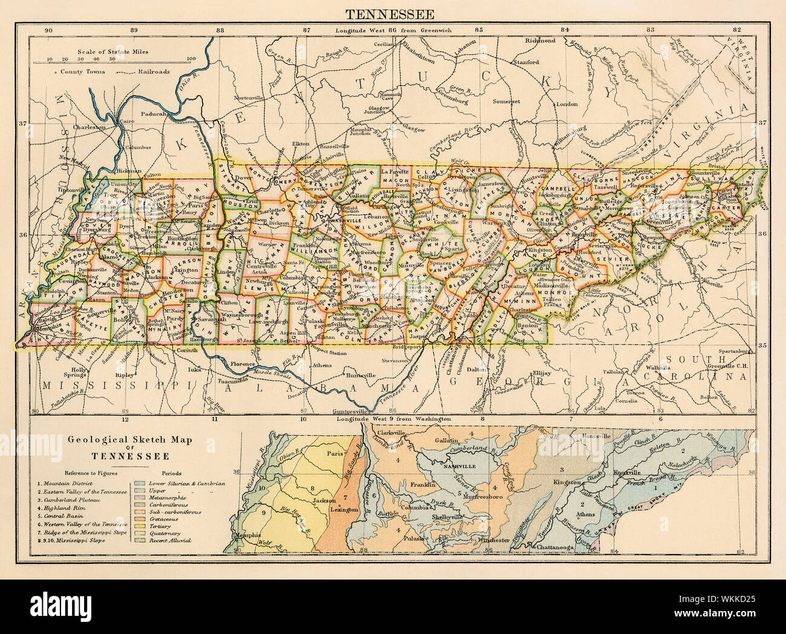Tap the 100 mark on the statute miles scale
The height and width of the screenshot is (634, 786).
pos(192,59)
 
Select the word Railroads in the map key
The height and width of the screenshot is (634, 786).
pos(154,71)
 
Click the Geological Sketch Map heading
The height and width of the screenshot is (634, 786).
pos(114,445)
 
